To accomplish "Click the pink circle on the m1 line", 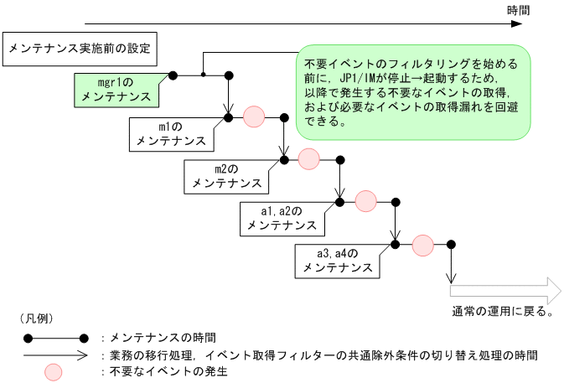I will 254,116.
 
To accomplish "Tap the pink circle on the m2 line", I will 309,158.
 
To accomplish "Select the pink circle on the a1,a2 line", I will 366,201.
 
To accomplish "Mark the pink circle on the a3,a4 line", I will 422,245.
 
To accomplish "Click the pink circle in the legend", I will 55,370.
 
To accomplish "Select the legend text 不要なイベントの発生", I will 164,370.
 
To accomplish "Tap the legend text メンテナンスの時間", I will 159,338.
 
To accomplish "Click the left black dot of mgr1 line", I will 173,75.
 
